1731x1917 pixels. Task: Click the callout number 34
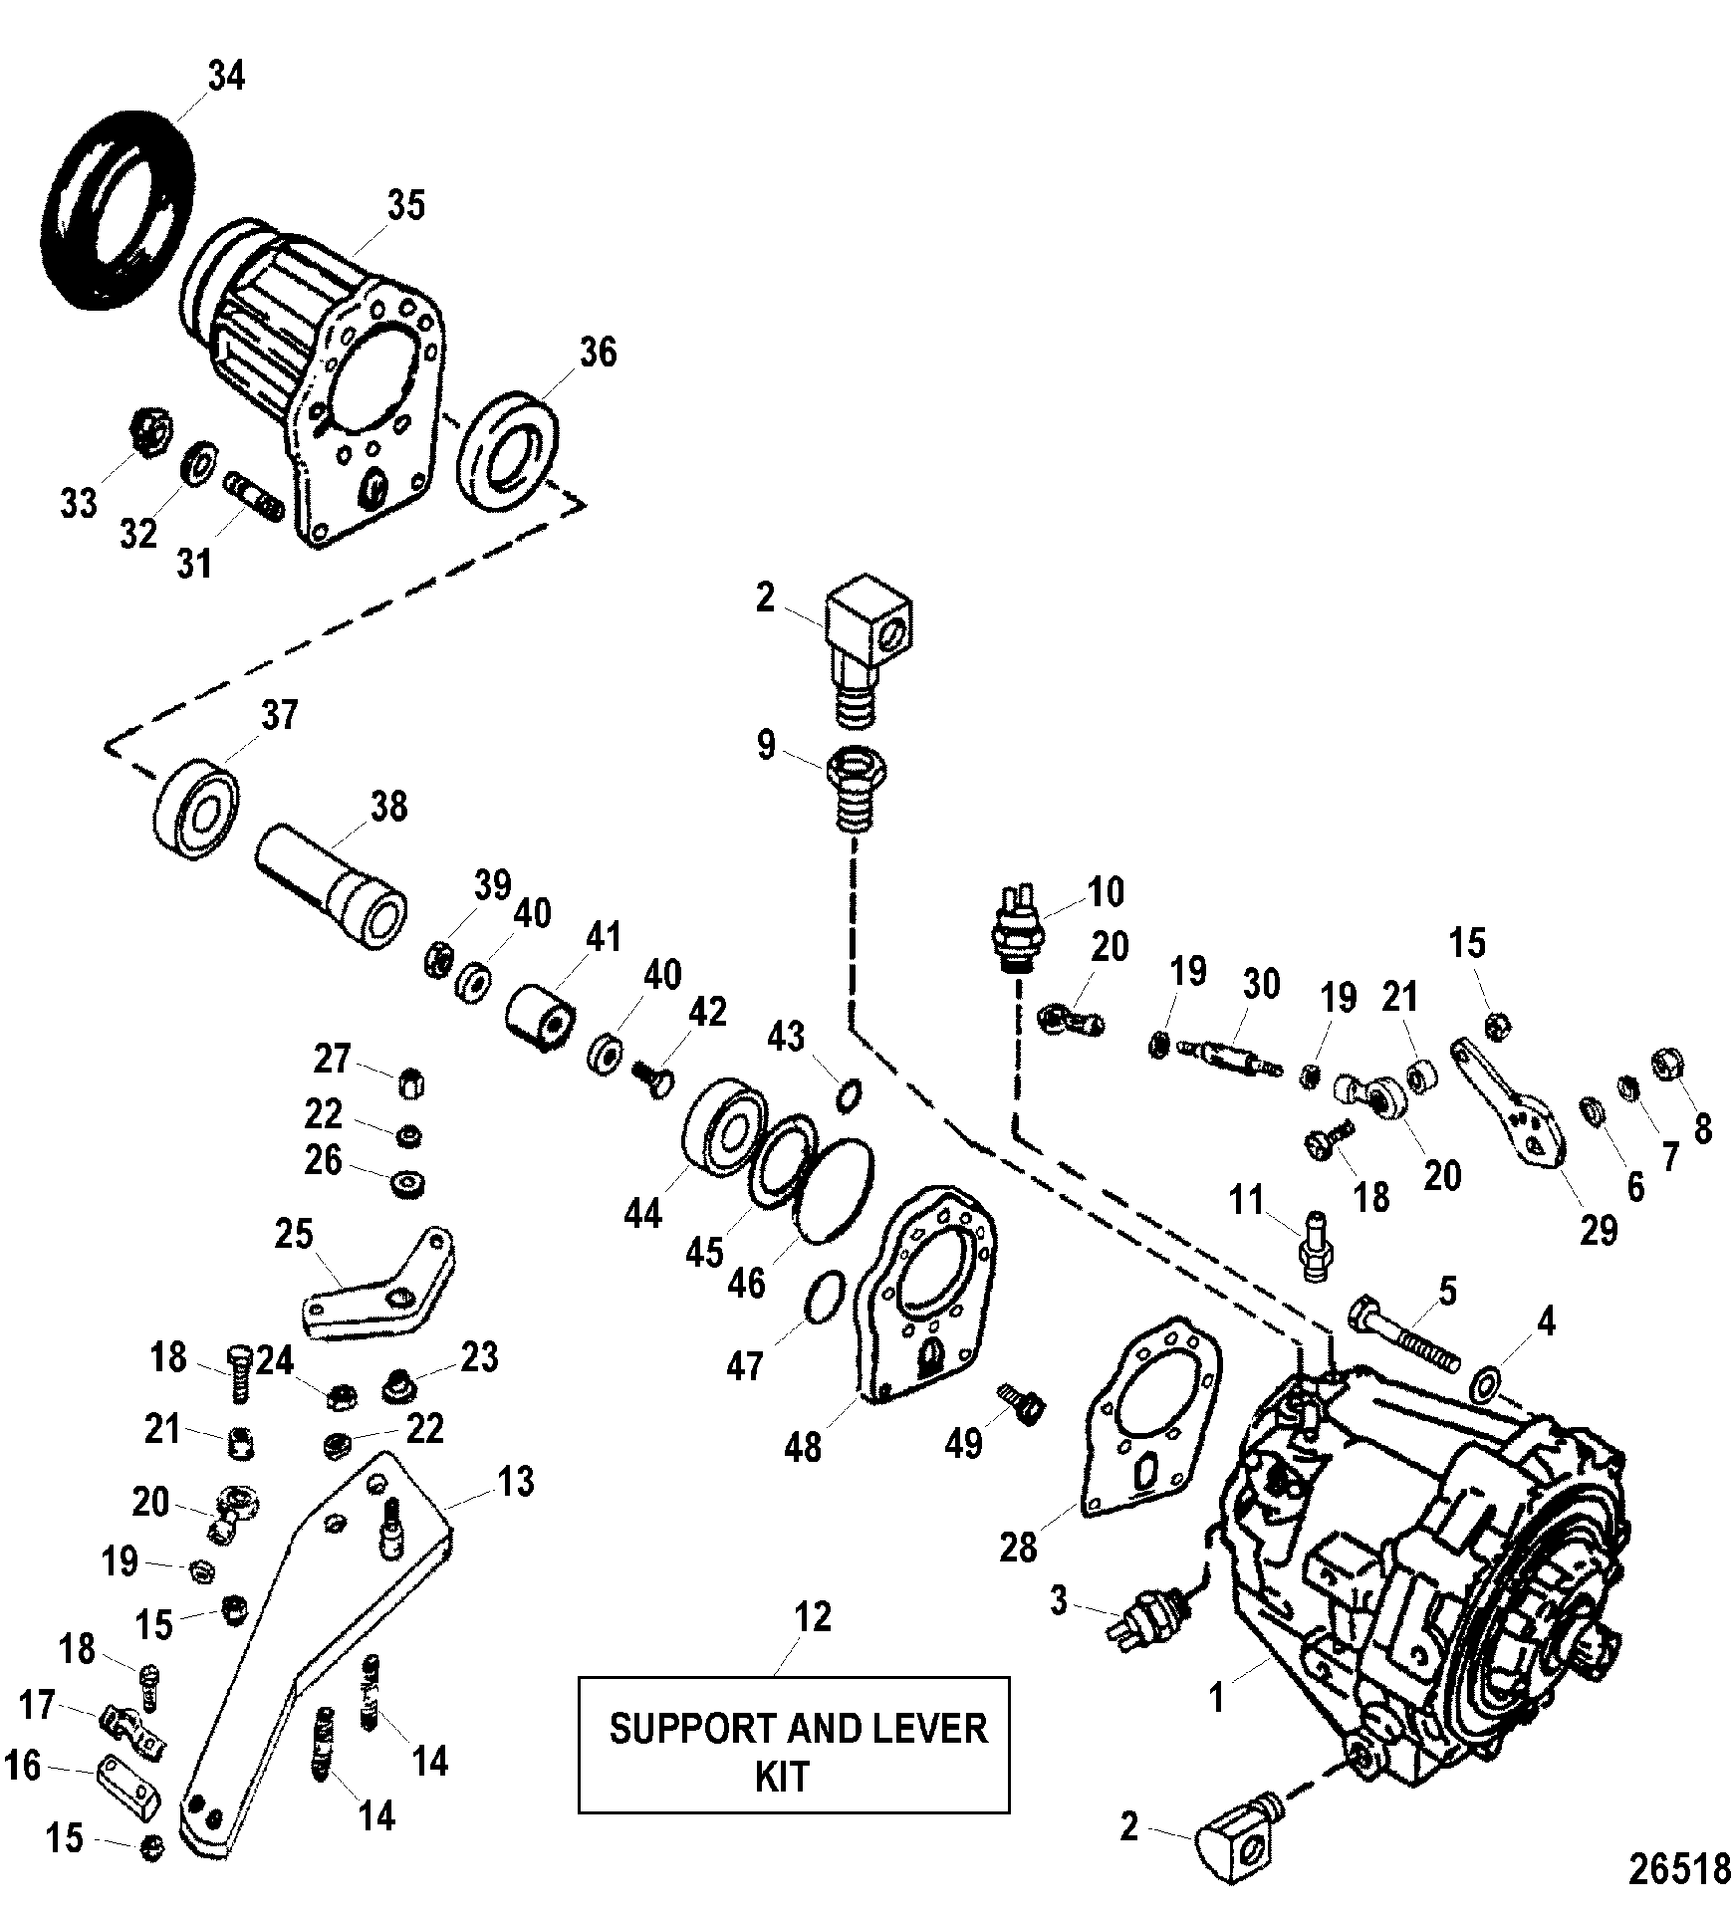(x=226, y=77)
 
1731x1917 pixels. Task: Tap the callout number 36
(x=598, y=353)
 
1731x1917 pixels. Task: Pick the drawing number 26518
(x=1679, y=1869)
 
